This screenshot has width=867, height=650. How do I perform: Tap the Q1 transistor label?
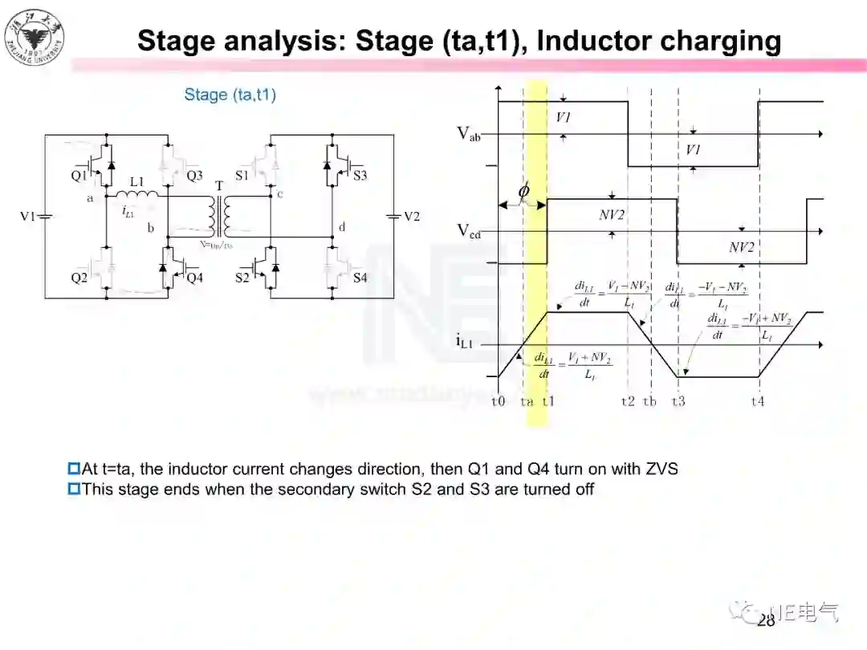[x=78, y=175]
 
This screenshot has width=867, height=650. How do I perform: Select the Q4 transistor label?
[x=195, y=278]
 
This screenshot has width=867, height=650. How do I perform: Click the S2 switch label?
[x=242, y=278]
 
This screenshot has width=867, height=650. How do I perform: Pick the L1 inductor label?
[x=136, y=182]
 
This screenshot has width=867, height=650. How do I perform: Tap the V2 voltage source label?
[x=411, y=217]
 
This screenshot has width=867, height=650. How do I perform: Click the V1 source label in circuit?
[x=28, y=217]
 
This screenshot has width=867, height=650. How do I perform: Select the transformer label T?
[x=219, y=186]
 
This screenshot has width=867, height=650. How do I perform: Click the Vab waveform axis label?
[x=469, y=133]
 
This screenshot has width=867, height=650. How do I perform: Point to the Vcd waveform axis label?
[x=469, y=231]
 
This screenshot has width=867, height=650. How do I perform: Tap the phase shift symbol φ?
[x=523, y=191]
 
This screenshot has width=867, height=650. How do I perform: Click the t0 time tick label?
[x=499, y=401]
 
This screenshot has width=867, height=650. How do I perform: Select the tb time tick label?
[x=649, y=401]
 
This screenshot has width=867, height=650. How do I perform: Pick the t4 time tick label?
[x=757, y=401]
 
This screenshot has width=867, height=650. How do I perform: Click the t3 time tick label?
[x=678, y=401]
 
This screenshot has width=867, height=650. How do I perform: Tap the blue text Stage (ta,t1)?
[x=230, y=95]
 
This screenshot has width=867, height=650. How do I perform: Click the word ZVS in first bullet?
[x=661, y=469]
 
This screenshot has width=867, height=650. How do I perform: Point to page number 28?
[x=766, y=620]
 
